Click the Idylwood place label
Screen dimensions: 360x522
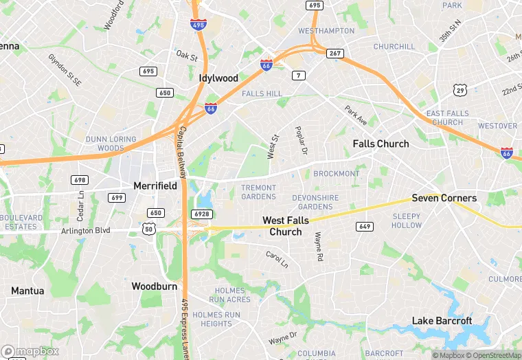[x=218, y=78]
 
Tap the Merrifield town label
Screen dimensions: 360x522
[x=155, y=185]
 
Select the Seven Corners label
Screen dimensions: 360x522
[x=444, y=198]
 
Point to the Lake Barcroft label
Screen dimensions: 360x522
[x=442, y=321]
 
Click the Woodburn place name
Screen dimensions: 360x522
[x=155, y=285]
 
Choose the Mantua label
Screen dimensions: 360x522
[x=27, y=291]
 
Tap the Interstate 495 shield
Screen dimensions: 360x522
[x=197, y=25]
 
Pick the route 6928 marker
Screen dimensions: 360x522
[x=201, y=214]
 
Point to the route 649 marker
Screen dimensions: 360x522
[x=364, y=227]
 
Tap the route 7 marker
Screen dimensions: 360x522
[x=298, y=75]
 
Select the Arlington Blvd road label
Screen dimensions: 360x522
[x=86, y=231]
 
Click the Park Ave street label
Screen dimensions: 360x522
[x=356, y=115]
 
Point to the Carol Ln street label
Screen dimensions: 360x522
[x=277, y=260]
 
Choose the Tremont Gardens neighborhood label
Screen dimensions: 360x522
[x=258, y=192]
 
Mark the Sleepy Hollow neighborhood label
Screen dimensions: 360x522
[x=407, y=221]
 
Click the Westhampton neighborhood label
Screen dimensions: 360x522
[x=326, y=31]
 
